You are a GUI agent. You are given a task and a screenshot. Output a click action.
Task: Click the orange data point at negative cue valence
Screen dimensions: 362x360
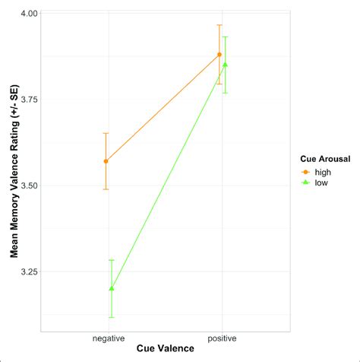106,160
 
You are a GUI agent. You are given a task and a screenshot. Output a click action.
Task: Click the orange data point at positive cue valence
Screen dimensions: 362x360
219,54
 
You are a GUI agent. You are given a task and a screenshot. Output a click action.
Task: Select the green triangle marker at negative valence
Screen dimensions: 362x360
112,288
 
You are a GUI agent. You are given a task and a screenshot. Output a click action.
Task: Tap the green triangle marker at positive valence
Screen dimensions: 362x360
225,65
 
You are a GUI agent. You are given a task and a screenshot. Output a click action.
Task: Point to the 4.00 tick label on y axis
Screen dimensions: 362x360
28,14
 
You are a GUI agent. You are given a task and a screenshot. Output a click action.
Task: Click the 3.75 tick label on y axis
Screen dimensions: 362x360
28,100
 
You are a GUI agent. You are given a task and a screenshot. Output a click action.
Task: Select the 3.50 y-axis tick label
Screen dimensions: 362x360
28,186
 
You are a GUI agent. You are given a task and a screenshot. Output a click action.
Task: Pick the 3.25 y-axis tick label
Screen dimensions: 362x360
28,271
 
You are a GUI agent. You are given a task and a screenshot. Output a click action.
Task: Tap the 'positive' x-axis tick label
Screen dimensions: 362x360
222,337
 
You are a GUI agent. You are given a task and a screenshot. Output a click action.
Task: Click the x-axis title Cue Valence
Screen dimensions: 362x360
165,349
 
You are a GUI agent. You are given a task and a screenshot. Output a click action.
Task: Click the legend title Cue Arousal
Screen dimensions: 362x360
323,158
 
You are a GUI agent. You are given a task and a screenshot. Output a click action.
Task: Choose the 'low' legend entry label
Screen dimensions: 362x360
321,183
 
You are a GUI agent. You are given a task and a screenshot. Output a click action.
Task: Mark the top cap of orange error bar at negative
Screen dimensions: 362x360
106,133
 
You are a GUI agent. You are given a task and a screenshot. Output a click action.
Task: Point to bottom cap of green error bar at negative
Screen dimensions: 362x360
112,317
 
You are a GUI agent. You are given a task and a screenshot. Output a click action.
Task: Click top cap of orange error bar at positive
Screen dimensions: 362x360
219,25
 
